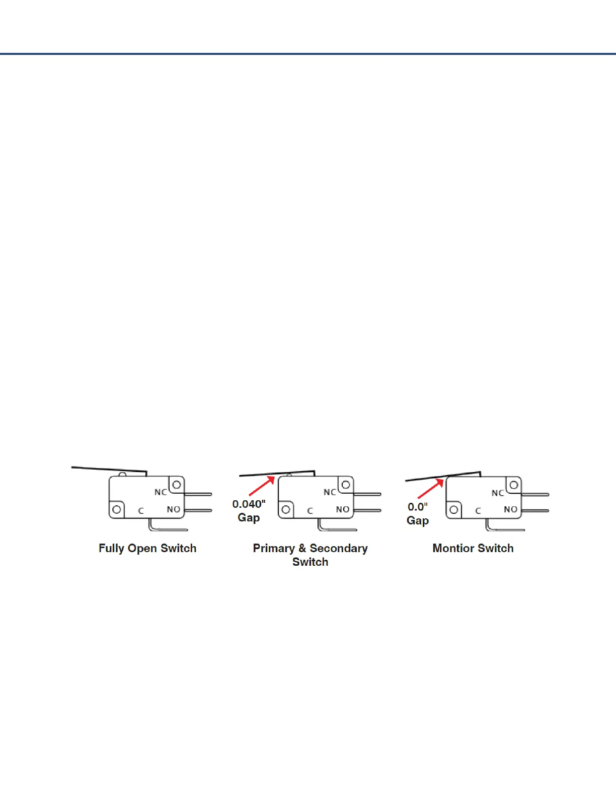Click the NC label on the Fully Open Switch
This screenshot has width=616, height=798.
[161, 492]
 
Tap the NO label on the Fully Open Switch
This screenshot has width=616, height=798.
[174, 509]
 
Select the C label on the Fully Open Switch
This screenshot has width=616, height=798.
[141, 511]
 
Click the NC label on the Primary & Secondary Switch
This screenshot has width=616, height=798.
[330, 492]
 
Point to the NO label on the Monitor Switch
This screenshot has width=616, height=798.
[511, 509]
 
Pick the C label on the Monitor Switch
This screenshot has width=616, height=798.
[478, 511]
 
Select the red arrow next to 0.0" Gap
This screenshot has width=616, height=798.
[431, 488]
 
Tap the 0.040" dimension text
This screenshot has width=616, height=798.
[249, 504]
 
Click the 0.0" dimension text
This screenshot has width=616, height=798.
[418, 506]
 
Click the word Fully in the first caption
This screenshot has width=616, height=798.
[111, 549]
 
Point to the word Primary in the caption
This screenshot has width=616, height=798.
[273, 548]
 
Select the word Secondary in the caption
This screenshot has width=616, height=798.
[339, 548]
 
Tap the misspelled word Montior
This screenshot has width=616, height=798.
[451, 548]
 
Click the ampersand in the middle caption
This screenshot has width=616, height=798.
[302, 548]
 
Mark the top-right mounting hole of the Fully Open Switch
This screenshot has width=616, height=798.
[176, 485]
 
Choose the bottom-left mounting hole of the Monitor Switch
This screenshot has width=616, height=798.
[454, 509]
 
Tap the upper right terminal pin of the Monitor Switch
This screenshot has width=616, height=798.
[535, 495]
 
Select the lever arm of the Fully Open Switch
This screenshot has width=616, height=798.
[108, 470]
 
